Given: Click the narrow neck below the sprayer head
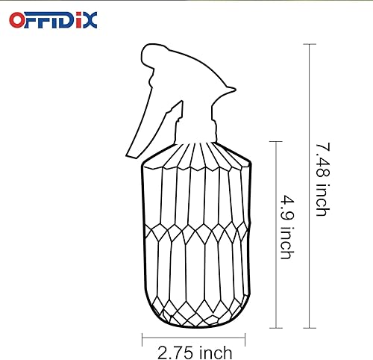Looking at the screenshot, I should (x=195, y=134).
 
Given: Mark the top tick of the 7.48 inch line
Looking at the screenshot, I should (x=309, y=44).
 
